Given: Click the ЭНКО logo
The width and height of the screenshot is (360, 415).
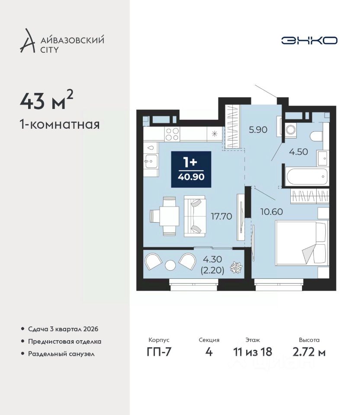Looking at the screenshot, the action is [309, 41].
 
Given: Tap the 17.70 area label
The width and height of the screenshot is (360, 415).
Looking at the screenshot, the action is [221, 216].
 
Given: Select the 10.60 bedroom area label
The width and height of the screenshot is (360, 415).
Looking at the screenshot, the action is [272, 212].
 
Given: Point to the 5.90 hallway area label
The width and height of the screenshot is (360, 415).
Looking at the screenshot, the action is [258, 130].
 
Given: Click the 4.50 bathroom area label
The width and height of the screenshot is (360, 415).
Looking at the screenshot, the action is [298, 152].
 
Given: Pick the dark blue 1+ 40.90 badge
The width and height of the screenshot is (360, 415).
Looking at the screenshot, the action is [191, 169].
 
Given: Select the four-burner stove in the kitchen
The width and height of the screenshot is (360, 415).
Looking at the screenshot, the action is [172, 134].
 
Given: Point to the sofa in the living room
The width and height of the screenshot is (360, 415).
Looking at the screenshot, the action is [195, 216].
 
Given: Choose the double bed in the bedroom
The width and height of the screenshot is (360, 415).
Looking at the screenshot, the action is [302, 243].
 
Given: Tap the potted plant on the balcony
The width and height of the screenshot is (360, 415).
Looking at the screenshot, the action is [235, 268].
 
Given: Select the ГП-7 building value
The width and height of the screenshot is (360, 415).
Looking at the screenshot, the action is [159, 352].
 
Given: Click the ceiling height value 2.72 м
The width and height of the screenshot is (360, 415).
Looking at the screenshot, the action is [309, 352].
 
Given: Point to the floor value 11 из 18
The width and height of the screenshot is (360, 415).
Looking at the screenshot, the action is [252, 352].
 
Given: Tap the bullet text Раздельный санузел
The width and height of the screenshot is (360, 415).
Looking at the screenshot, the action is [61, 354].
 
